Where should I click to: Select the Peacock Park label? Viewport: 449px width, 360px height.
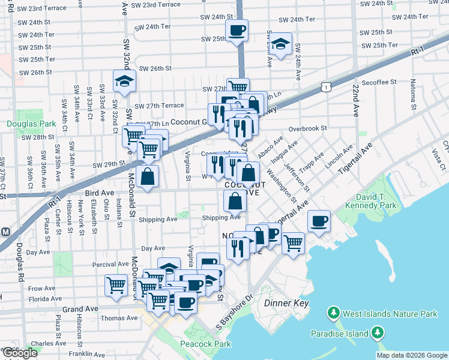pyautogui.click(x=197, y=344)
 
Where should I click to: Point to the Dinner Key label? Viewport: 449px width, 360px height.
pyautogui.click(x=286, y=304)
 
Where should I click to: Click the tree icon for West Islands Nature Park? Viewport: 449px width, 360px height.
pyautogui.click(x=333, y=313)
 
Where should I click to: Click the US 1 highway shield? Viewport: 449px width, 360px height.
pyautogui.click(x=325, y=88)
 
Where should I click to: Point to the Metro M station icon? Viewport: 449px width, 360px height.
pyautogui.click(x=5, y=232)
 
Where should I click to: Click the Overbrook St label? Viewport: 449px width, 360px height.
pyautogui.click(x=307, y=128)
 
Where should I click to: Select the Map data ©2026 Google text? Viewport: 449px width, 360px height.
pyautogui.click(x=411, y=355)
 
